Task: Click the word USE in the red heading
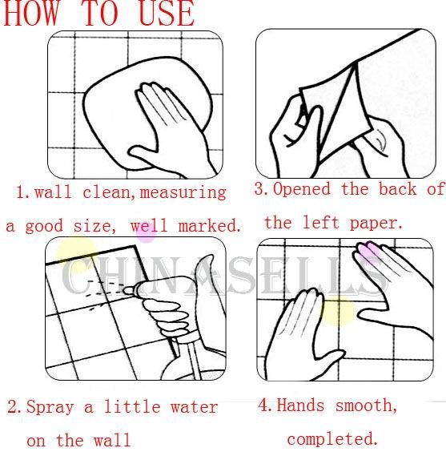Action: pyautogui.click(x=167, y=14)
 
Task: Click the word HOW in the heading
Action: pyautogui.click(x=30, y=14)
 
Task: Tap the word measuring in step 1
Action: pyautogui.click(x=183, y=193)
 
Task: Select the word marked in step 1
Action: pyautogui.click(x=210, y=226)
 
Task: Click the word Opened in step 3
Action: pyautogui.click(x=301, y=189)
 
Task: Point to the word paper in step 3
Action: pyautogui.click(x=376, y=224)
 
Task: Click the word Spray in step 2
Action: pyautogui.click(x=50, y=408)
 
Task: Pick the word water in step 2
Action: pyautogui.click(x=195, y=407)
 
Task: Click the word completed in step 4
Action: pyautogui.click(x=333, y=439)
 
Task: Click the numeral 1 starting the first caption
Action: pyautogui.click(x=21, y=192)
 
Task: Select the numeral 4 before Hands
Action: pyautogui.click(x=263, y=405)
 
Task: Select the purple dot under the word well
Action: pyautogui.click(x=146, y=233)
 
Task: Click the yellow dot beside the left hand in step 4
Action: pyautogui.click(x=338, y=311)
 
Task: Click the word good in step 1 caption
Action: pyautogui.click(x=44, y=227)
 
